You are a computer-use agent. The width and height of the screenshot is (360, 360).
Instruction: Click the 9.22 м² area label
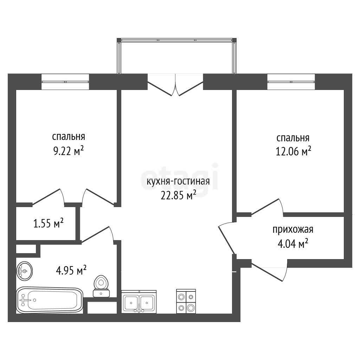tap(69, 151)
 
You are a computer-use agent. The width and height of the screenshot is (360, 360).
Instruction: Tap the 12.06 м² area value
tap(293, 152)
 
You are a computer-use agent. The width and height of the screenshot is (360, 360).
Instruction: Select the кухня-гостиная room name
tap(178, 181)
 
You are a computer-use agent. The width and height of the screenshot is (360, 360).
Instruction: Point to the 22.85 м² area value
tap(178, 195)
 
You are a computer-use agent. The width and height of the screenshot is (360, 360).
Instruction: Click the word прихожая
tap(293, 229)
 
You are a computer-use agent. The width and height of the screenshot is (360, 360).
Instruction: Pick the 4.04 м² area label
tap(293, 244)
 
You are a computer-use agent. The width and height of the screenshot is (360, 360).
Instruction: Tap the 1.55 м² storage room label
tap(48, 223)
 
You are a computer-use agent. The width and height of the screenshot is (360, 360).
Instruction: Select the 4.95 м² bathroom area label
tap(71, 270)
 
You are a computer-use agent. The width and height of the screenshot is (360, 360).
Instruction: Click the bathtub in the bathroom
tap(50, 300)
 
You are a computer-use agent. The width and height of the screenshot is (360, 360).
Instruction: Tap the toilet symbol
tap(101, 286)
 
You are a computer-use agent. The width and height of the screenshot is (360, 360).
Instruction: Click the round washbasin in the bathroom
tap(24, 271)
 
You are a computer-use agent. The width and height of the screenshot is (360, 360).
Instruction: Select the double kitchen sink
tap(139, 302)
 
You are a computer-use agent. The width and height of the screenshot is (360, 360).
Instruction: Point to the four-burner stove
tap(186, 301)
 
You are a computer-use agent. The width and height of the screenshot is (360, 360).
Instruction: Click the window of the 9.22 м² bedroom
tap(65, 82)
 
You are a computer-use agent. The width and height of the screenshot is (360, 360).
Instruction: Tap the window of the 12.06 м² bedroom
tap(291, 82)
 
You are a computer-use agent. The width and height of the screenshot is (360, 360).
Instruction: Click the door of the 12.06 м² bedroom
tap(268, 207)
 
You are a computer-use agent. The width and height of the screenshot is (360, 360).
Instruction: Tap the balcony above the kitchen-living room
tap(176, 56)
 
